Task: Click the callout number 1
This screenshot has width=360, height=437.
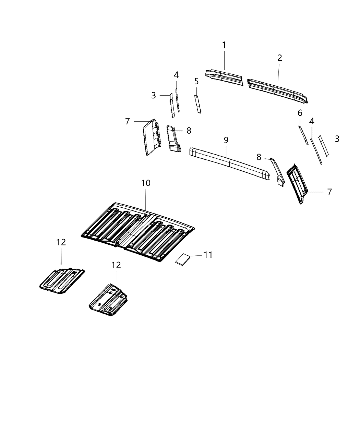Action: coord(224,45)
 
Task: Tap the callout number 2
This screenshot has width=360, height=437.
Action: coord(279,58)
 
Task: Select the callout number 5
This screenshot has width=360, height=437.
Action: coord(196,81)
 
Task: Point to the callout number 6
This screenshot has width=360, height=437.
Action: coord(300,113)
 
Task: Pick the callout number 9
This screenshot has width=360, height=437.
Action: coord(226,140)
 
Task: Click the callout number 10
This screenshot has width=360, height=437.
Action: coord(146,183)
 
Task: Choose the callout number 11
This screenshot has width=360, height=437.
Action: coord(208,255)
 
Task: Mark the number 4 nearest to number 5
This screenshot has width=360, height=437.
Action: coord(176,75)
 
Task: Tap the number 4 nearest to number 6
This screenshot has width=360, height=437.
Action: coord(312,121)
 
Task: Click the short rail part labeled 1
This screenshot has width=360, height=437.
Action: coord(224,77)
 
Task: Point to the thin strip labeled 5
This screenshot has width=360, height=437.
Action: coord(197,104)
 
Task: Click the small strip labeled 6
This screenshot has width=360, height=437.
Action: coord(303,135)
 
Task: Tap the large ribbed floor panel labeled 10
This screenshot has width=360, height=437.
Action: coord(137,233)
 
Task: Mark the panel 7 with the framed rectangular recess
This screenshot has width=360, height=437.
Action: coord(298,184)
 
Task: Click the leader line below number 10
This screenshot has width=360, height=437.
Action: coord(146,201)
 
